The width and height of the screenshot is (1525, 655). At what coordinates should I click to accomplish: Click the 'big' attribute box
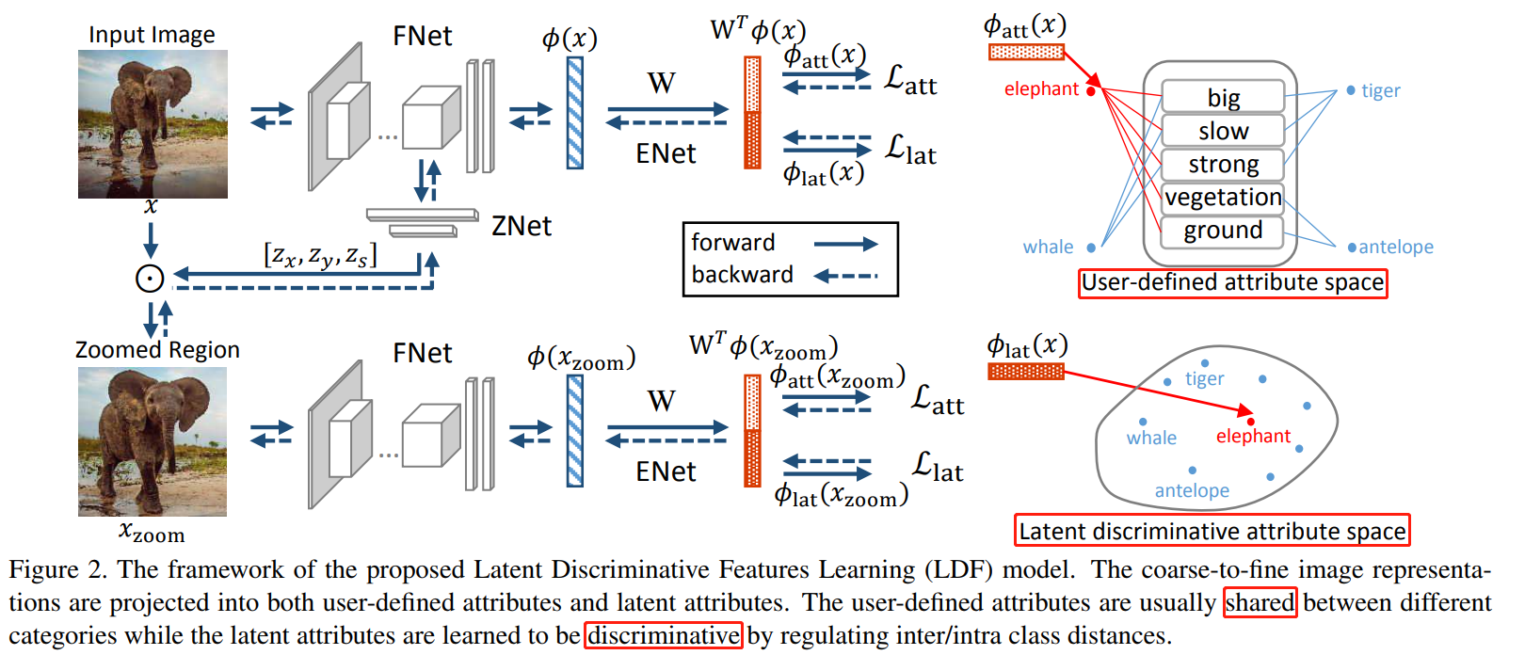(1223, 97)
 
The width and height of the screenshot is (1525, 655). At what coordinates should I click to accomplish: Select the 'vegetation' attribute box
(1223, 198)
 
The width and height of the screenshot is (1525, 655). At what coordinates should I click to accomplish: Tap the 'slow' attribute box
(1223, 131)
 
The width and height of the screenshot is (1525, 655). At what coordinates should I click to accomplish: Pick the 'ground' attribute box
(1223, 231)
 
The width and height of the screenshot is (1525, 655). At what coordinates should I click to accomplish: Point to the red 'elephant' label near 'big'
(1041, 89)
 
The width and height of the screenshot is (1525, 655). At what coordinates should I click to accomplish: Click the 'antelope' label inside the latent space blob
(1192, 490)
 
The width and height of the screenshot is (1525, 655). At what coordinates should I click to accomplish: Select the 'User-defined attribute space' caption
(1232, 282)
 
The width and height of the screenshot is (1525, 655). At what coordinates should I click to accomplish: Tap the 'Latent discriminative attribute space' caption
(1212, 531)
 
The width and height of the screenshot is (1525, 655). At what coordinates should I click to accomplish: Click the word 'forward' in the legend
(733, 243)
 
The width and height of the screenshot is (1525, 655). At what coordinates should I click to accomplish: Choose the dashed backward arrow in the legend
(845, 276)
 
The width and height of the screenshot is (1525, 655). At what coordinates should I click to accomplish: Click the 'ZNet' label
(522, 226)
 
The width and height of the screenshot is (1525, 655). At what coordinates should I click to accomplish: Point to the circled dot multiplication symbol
(150, 278)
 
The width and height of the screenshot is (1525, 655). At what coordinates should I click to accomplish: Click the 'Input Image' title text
(152, 35)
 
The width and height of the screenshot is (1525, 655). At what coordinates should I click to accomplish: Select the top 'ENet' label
(666, 153)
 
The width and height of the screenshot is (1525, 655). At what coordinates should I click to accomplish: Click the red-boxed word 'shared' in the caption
(1260, 602)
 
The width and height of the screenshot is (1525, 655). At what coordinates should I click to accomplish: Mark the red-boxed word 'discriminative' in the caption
(664, 635)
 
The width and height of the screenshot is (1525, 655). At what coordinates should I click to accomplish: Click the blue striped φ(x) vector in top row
(574, 113)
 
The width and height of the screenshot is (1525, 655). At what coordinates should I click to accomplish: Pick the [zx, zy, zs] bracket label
(320, 255)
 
